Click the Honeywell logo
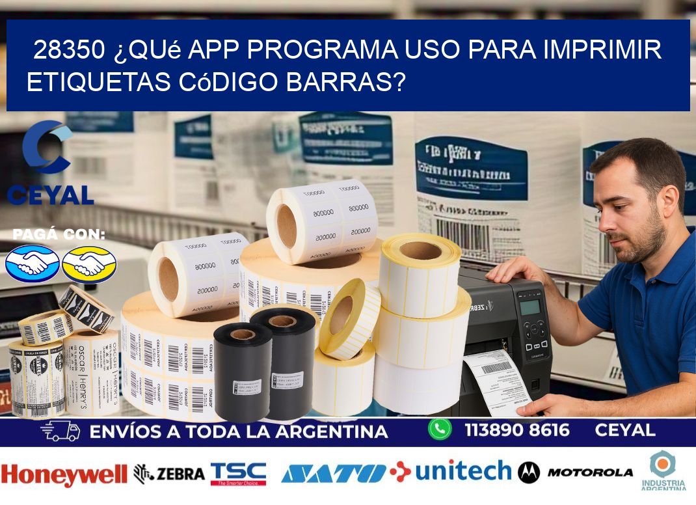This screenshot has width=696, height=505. pyautogui.click(x=64, y=474)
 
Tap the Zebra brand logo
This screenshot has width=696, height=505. pyautogui.click(x=169, y=474)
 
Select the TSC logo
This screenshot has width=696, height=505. pyautogui.click(x=238, y=474)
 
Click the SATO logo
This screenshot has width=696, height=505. pyautogui.click(x=334, y=473)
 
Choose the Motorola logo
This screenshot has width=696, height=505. pyautogui.click(x=576, y=472)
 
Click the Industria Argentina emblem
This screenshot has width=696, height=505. pyautogui.click(x=663, y=470)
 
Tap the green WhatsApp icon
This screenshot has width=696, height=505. pyautogui.click(x=440, y=429)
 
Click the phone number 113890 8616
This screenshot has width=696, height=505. pyautogui.click(x=517, y=430)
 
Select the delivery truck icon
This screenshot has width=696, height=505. pyautogui.click(x=60, y=431)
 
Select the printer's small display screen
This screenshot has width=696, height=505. pyautogui.click(x=530, y=307)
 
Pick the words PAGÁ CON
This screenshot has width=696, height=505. pyautogui.click(x=59, y=235)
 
